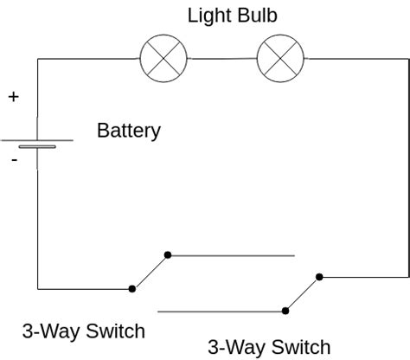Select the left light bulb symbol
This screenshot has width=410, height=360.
point(164,58)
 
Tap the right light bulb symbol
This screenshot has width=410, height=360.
point(280,58)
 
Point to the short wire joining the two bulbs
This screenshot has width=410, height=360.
point(222,58)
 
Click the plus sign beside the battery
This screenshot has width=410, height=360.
point(13,97)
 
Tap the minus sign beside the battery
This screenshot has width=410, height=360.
point(13,160)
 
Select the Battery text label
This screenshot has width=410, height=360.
point(129,132)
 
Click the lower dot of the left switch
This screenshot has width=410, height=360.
point(131,288)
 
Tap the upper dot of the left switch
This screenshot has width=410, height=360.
point(168,255)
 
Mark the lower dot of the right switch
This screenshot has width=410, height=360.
point(285,309)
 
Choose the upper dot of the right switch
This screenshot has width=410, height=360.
point(319,277)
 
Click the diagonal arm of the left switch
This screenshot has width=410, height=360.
point(150,272)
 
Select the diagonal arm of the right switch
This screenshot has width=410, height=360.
point(303,292)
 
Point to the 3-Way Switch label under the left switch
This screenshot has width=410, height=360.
point(83,331)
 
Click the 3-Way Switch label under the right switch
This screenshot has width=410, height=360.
point(268,347)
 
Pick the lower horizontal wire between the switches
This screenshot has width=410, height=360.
point(221,310)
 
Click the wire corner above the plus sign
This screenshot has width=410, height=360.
point(38,59)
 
